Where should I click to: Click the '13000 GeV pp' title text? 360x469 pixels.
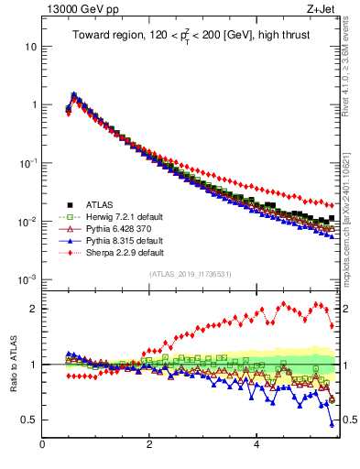point(76,10)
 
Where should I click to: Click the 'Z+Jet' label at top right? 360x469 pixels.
point(322,10)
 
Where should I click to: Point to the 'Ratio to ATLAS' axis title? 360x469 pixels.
point(12,364)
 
